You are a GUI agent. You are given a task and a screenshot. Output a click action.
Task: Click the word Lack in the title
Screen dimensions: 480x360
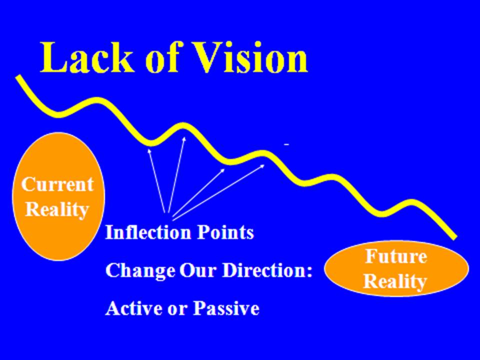point(87,57)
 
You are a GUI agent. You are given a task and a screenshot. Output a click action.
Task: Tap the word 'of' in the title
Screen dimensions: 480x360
point(162,57)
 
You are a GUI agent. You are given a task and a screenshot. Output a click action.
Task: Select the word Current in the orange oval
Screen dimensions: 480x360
point(57,184)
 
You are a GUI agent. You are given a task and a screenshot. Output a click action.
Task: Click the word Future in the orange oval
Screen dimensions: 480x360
point(396,256)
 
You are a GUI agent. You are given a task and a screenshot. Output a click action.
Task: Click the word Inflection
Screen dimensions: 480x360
point(148,232)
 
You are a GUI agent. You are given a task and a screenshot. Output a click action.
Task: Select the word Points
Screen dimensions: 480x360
point(225,232)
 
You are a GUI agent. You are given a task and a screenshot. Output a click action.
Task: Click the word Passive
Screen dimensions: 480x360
point(226,308)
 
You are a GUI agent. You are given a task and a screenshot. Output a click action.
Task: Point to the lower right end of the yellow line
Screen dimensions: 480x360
point(455,237)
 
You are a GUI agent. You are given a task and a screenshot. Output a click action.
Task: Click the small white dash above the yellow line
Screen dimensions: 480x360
point(286,144)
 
